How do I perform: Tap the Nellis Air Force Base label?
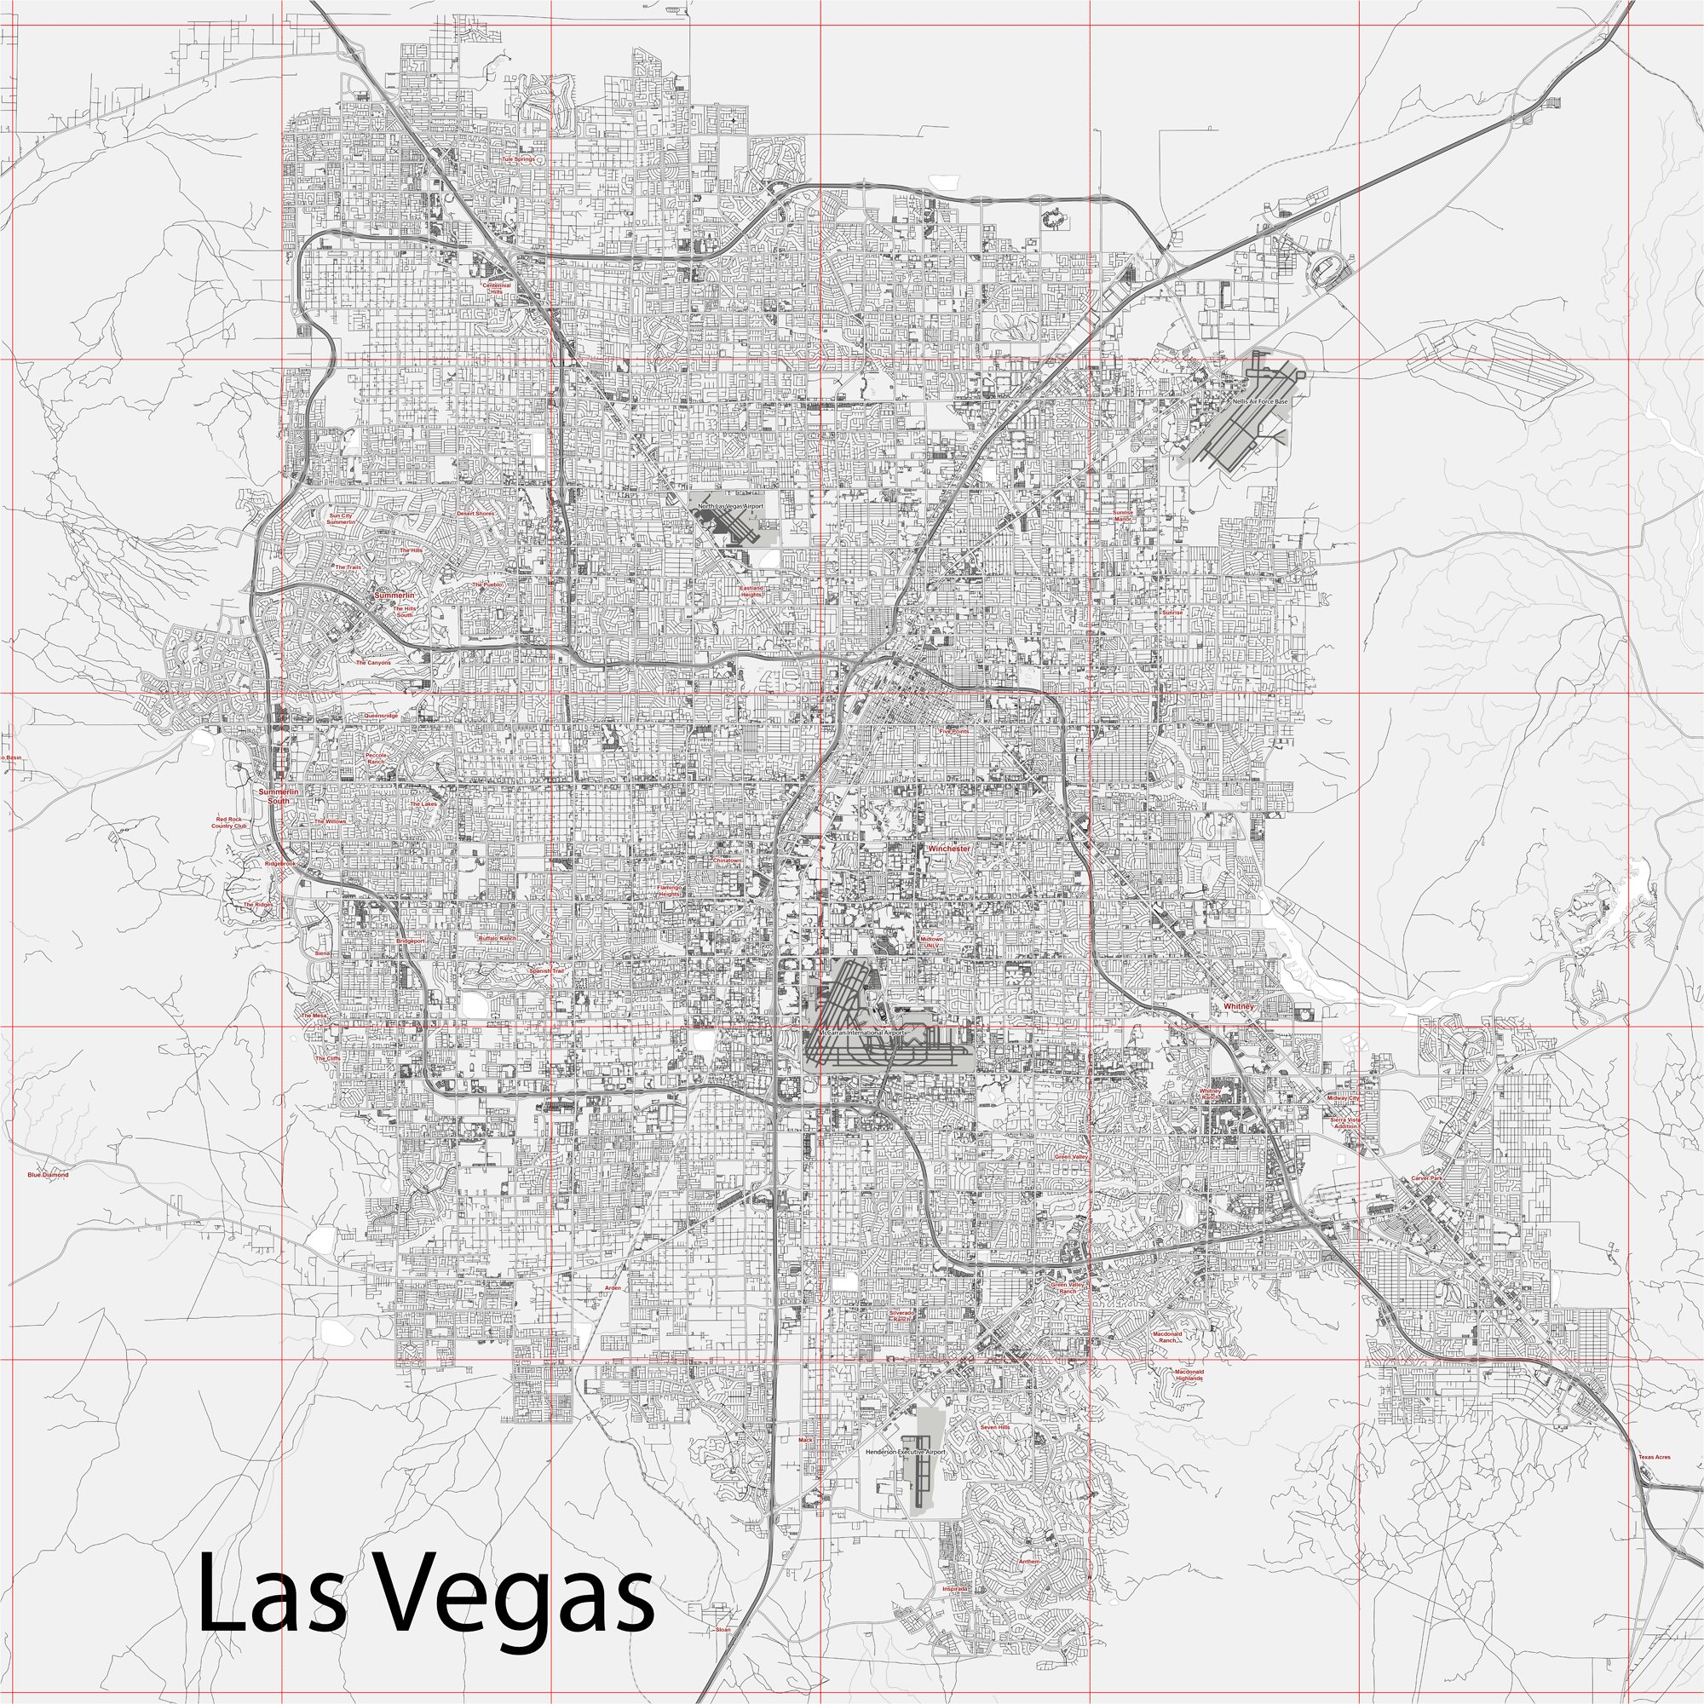click(x=1260, y=401)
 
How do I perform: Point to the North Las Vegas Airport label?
click(x=731, y=506)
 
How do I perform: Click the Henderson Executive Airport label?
click(x=905, y=1452)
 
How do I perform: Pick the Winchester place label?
click(x=948, y=849)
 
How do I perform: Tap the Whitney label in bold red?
click(x=1238, y=1006)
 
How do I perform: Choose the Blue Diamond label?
click(x=48, y=1175)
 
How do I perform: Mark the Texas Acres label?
click(x=1654, y=1458)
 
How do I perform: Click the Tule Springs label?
click(x=518, y=159)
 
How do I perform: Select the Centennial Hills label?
click(x=497, y=287)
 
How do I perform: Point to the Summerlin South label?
click(x=279, y=797)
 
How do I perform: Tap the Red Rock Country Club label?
click(x=229, y=823)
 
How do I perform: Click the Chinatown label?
click(x=728, y=860)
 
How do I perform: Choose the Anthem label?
click(x=1029, y=1561)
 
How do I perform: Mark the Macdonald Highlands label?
click(x=1189, y=1375)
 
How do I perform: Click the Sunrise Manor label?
click(x=1123, y=515)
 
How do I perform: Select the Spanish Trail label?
click(x=546, y=970)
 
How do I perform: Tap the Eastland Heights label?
click(x=751, y=591)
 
